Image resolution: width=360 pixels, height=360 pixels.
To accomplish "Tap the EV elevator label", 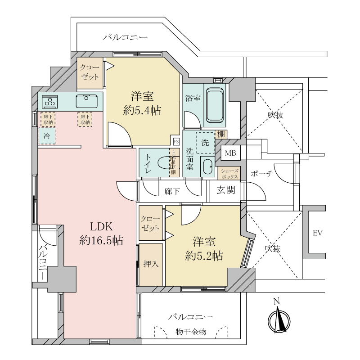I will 318,233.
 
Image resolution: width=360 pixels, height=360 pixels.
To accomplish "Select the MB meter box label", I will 230,153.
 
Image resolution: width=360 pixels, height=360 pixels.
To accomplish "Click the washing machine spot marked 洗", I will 205,143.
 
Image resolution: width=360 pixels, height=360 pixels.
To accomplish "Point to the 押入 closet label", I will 150,264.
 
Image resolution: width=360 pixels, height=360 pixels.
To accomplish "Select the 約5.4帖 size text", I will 143,110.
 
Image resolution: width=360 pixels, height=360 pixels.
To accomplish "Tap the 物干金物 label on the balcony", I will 191,332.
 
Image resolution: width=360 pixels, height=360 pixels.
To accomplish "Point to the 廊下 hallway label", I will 172,191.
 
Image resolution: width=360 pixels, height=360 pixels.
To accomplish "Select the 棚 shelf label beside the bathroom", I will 221,134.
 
